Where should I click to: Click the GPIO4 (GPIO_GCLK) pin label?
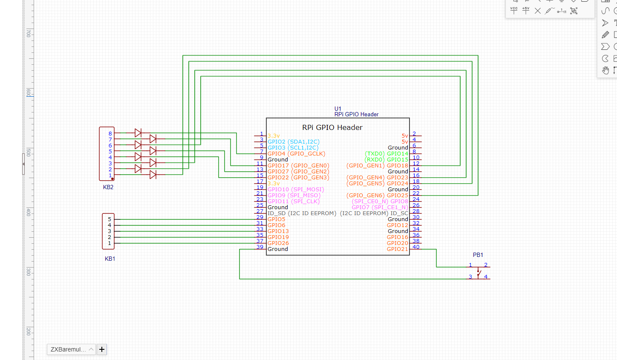[296, 154]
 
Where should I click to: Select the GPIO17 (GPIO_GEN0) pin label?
[298, 166]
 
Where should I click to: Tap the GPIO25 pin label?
[397, 196]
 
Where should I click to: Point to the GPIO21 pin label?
[397, 249]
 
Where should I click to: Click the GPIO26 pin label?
[278, 243]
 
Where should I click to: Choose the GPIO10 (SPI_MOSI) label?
[296, 190]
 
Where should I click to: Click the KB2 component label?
[108, 187]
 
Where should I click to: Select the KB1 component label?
[110, 259]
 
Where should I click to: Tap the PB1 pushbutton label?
[478, 255]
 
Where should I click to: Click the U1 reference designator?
[338, 109]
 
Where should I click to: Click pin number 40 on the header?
[416, 247]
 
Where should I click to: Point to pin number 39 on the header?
[260, 247]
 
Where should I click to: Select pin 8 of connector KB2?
[110, 133]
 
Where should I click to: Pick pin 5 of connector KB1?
[110, 219]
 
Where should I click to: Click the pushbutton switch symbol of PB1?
[479, 273]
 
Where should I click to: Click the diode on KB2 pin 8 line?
[138, 133]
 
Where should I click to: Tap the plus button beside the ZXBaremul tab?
[102, 349]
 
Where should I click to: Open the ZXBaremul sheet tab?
[68, 349]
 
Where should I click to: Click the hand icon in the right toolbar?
[605, 70]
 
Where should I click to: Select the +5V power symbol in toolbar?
[526, 10]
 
